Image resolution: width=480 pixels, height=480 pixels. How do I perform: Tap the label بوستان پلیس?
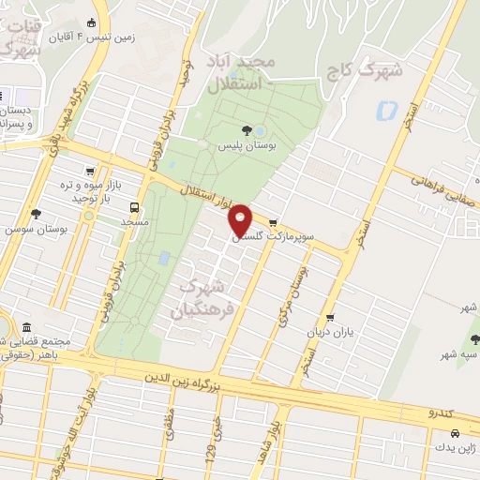click(247, 148)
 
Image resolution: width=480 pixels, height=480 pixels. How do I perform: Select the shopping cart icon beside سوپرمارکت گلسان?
click(273, 223)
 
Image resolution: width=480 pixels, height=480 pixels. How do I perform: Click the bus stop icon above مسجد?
click(135, 207)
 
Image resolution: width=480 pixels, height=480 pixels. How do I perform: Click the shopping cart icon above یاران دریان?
click(329, 318)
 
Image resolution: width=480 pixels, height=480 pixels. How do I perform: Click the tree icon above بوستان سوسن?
click(36, 214)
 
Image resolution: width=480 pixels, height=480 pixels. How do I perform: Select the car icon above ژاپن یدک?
click(454, 434)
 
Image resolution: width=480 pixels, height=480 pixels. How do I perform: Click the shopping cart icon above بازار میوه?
click(89, 172)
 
